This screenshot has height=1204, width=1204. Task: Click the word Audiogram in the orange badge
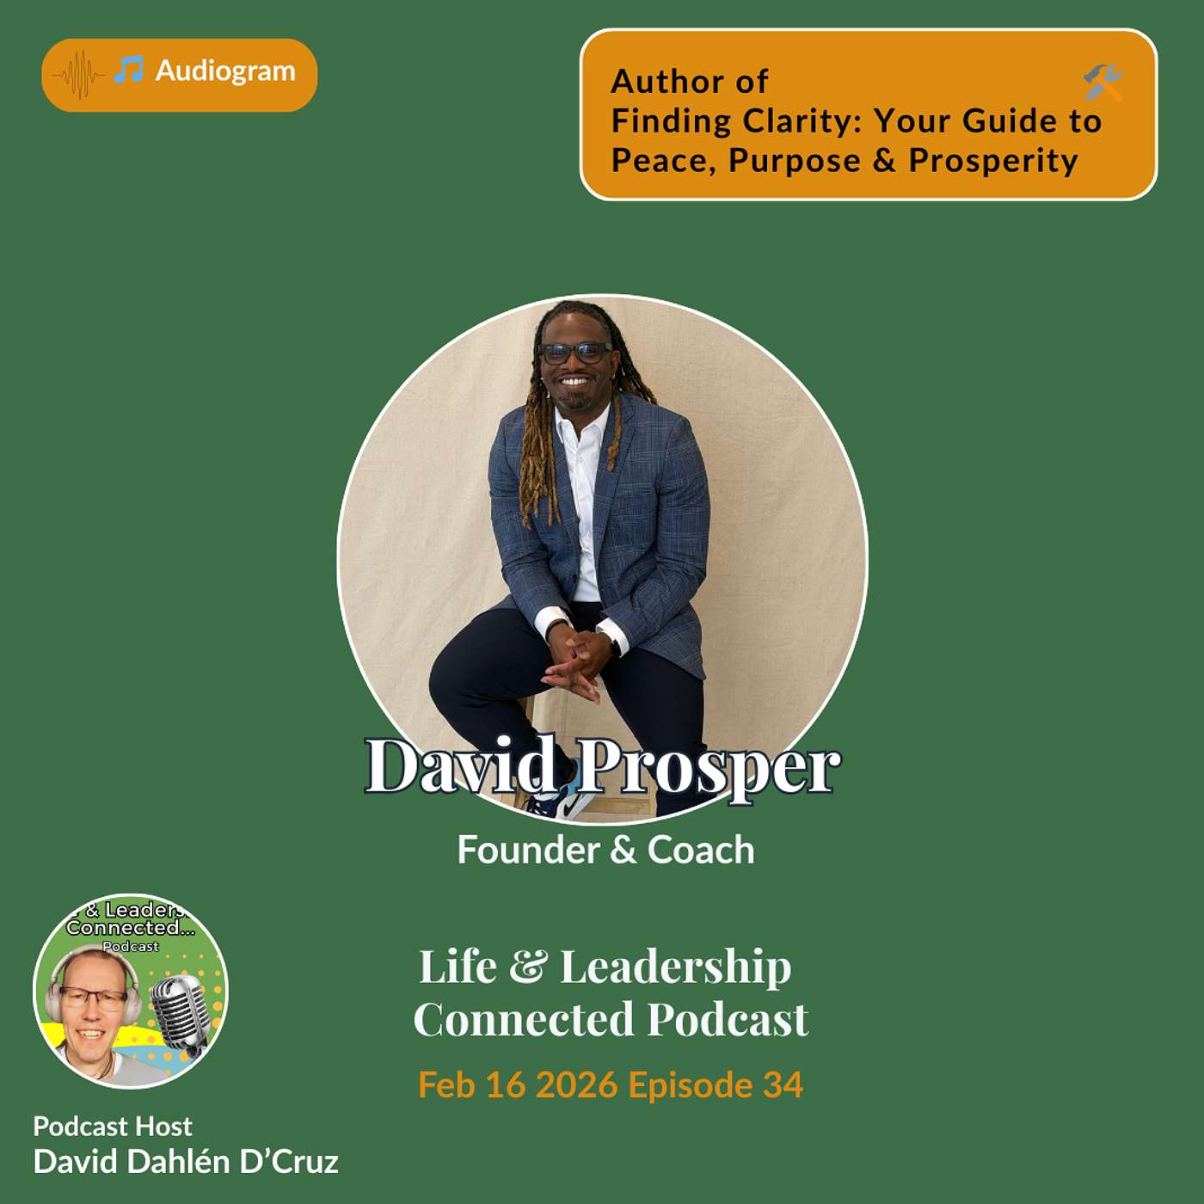pyautogui.click(x=225, y=71)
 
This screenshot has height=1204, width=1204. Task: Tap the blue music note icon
pyautogui.click(x=129, y=71)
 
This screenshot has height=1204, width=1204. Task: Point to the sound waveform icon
pyautogui.click(x=78, y=75)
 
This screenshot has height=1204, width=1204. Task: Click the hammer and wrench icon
pyautogui.click(x=1103, y=83)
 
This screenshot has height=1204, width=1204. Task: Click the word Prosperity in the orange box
pyautogui.click(x=993, y=161)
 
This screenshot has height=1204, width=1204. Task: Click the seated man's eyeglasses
pyautogui.click(x=574, y=352)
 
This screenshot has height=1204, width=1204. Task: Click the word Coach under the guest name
pyautogui.click(x=701, y=851)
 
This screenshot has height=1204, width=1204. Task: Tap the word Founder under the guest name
pyautogui.click(x=528, y=851)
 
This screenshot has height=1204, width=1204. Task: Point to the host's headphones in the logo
pyautogui.click(x=54, y=998)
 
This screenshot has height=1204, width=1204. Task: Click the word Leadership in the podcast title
pyautogui.click(x=676, y=967)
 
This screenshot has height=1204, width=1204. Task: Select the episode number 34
pyautogui.click(x=783, y=1085)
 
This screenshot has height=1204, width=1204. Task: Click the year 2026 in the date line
pyautogui.click(x=576, y=1085)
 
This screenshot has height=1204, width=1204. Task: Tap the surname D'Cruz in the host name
pyautogui.click(x=289, y=1162)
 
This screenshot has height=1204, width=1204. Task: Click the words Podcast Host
pyautogui.click(x=113, y=1127)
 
